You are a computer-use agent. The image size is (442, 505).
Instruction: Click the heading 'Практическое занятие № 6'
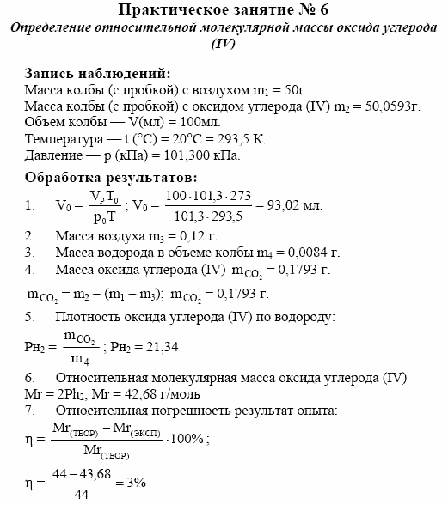[222, 10]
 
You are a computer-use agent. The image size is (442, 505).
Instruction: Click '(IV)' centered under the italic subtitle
[222, 43]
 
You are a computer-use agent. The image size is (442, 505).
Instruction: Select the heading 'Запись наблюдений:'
[97, 74]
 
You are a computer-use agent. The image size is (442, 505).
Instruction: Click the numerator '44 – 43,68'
[73, 473]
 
